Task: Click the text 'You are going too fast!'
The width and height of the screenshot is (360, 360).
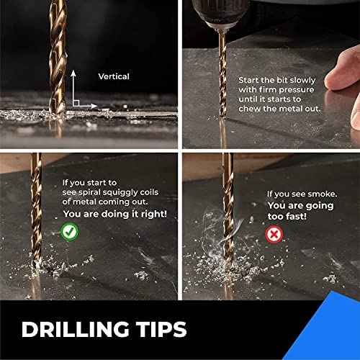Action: tap(298, 210)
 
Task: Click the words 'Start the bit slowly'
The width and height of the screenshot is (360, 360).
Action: tap(276, 81)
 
